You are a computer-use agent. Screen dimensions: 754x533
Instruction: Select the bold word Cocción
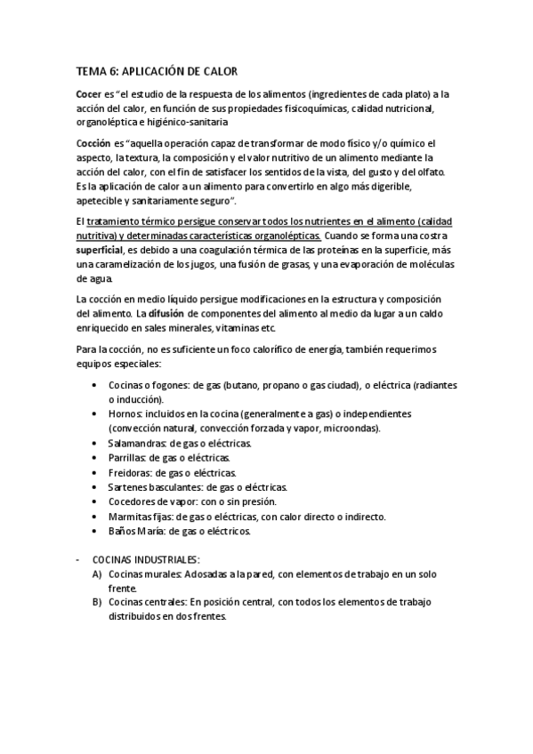click(93, 143)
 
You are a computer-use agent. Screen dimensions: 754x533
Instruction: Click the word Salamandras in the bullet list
click(137, 443)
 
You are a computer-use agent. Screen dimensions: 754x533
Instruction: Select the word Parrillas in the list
click(128, 457)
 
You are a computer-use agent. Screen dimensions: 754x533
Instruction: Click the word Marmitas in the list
click(129, 517)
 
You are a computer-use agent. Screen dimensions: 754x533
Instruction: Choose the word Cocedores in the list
click(133, 501)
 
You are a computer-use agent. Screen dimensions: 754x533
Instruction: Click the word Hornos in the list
click(125, 414)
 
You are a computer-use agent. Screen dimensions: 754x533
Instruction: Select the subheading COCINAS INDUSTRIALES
click(146, 560)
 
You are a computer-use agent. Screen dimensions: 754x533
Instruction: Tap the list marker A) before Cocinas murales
click(95, 574)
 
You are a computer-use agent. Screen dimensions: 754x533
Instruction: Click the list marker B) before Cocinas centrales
click(95, 603)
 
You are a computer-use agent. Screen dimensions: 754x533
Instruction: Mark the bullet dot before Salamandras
click(95, 443)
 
